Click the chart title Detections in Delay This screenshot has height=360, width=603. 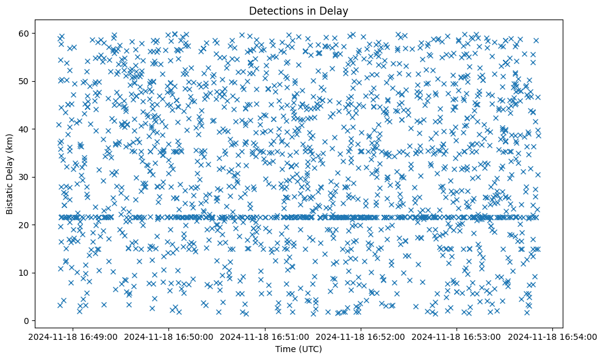point(298,10)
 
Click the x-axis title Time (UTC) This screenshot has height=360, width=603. point(298,349)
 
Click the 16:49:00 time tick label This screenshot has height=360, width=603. point(73,336)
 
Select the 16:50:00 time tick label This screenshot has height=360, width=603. point(169,336)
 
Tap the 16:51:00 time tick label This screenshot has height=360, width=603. point(265,336)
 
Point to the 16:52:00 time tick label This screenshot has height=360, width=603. point(361,336)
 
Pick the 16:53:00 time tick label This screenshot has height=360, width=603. point(457,336)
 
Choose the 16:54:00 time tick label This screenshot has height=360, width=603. point(552,336)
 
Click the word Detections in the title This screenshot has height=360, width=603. point(274,10)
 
